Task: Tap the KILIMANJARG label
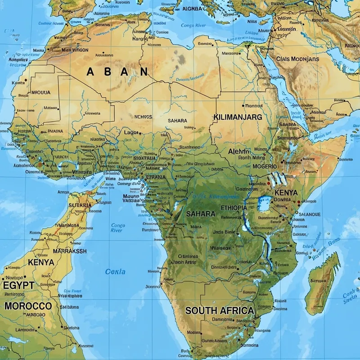click(238, 117)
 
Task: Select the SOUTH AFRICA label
click(220, 310)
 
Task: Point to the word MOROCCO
click(28, 306)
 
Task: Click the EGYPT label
click(18, 286)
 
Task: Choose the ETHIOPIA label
click(234, 208)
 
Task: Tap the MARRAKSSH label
click(70, 251)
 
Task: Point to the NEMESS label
click(143, 117)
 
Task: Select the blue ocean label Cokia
click(115, 271)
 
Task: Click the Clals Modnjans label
click(297, 59)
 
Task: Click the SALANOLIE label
click(310, 215)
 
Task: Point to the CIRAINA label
click(155, 177)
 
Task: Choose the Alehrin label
click(238, 152)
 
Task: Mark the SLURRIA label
click(80, 205)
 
